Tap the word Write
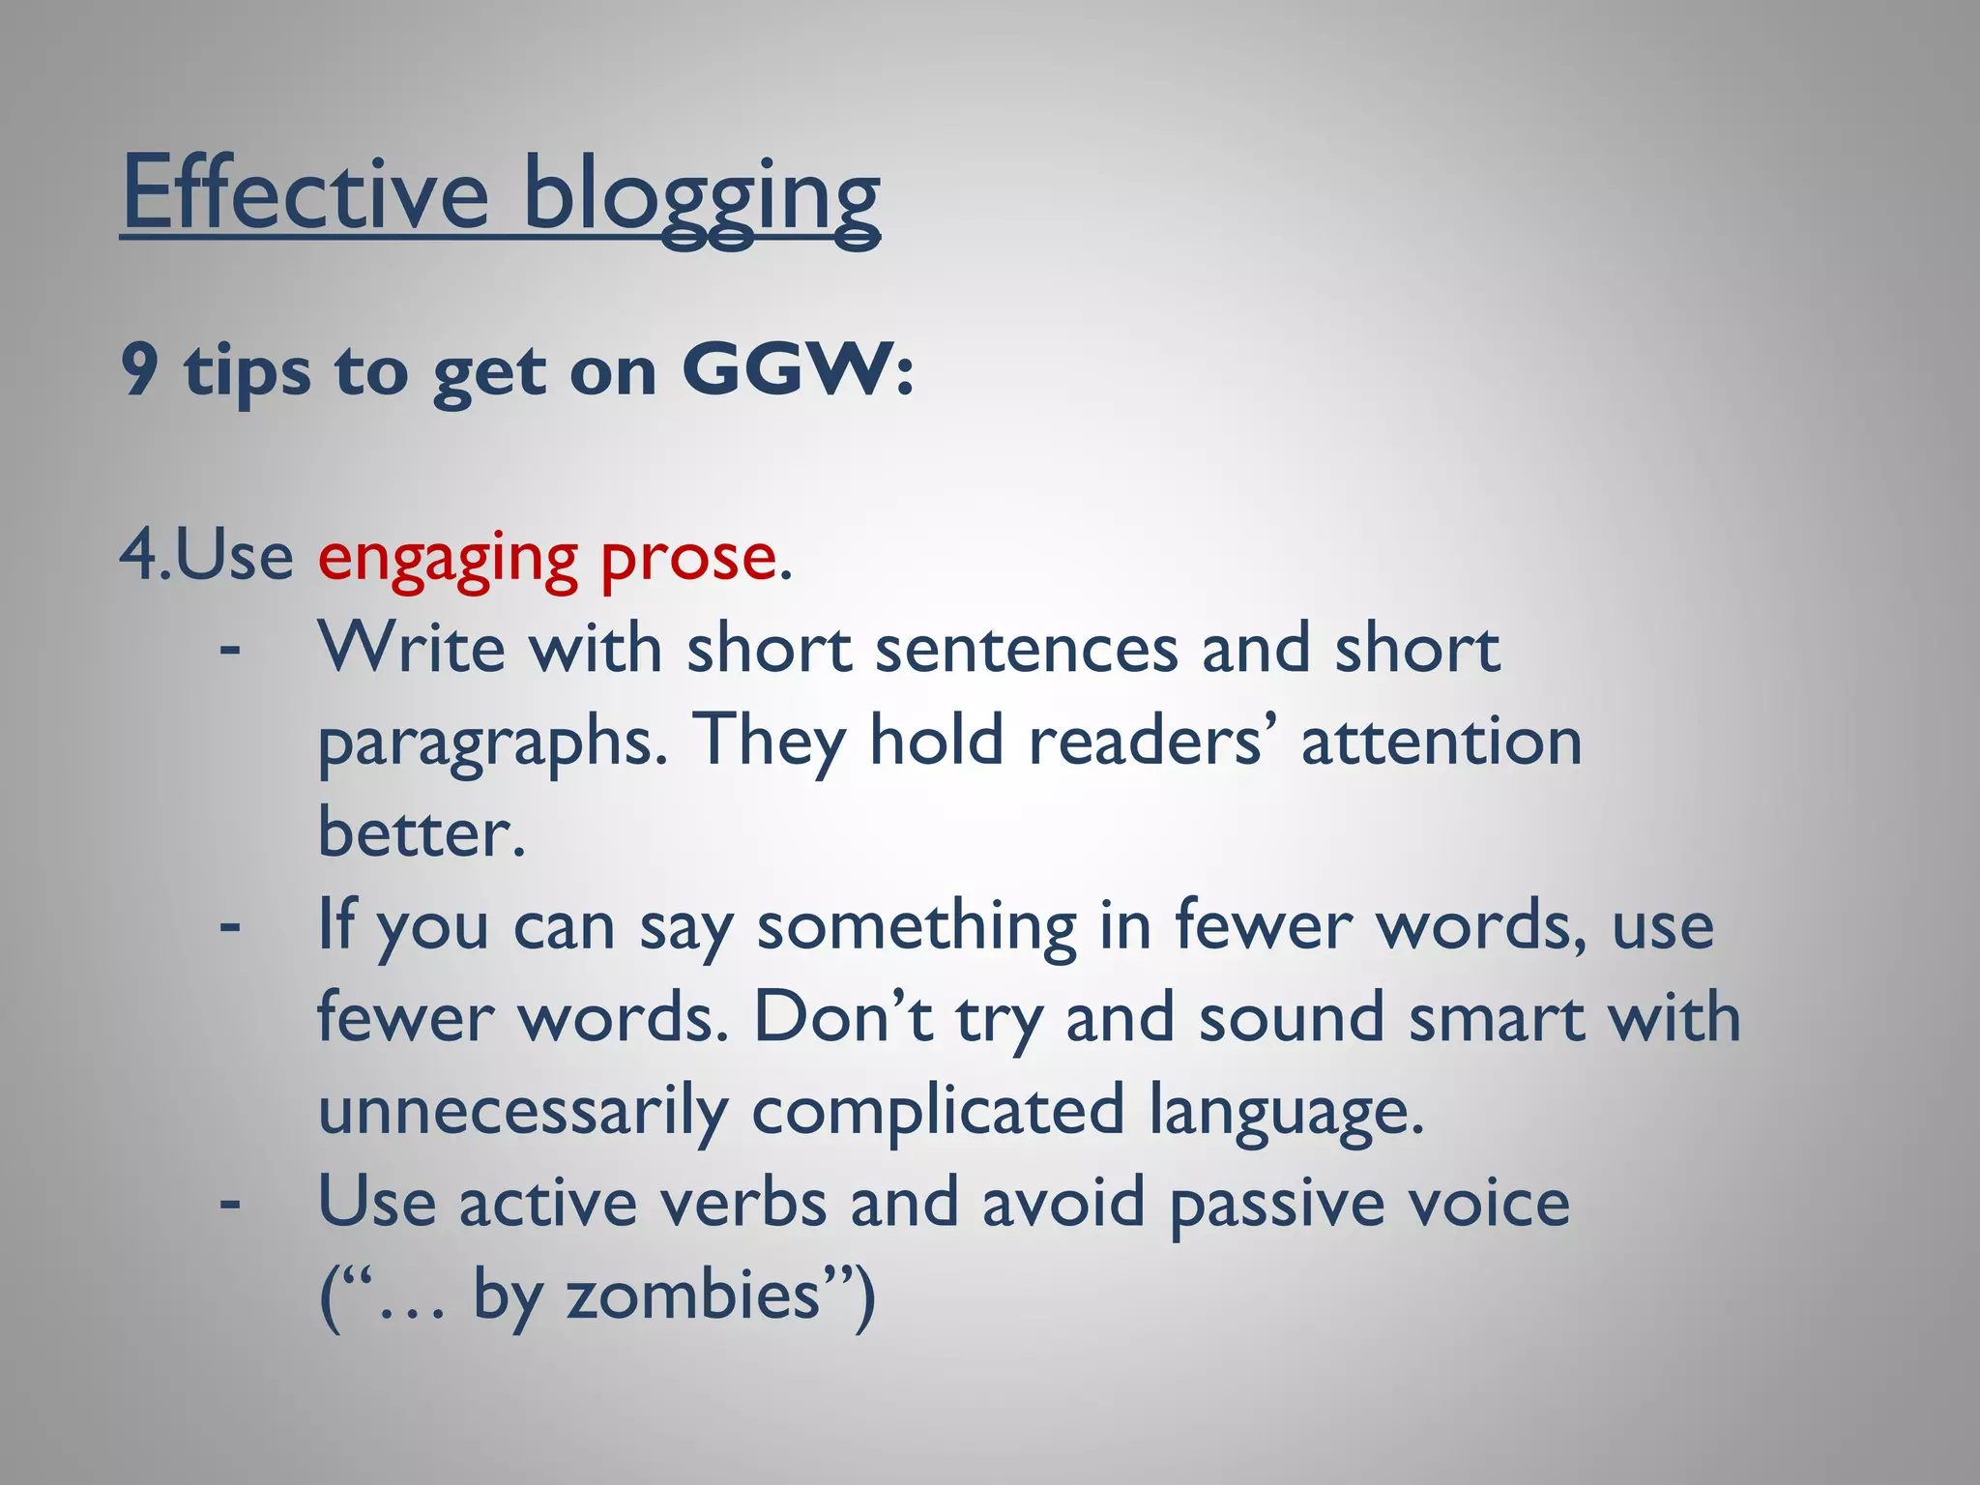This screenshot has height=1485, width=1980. click(412, 648)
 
